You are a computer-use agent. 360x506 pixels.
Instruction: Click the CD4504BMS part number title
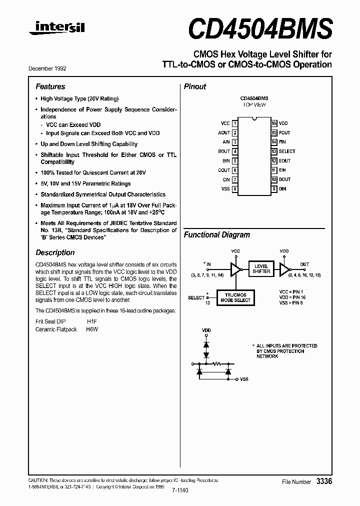(260, 28)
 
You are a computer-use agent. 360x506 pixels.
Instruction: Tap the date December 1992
(50, 68)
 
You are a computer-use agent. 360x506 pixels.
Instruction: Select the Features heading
(50, 86)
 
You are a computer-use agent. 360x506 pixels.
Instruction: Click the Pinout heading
(195, 86)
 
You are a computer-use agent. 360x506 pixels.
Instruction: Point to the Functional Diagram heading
(217, 234)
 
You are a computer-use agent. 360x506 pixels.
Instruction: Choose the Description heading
(55, 252)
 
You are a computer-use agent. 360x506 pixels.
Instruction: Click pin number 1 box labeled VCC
(235, 123)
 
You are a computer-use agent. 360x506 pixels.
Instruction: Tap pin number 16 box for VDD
(274, 123)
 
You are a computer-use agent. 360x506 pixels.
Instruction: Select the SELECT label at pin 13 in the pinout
(287, 151)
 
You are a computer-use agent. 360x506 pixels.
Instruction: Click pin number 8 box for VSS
(235, 188)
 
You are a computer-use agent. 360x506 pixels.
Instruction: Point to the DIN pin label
(283, 188)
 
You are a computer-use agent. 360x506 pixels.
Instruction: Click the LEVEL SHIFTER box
(261, 269)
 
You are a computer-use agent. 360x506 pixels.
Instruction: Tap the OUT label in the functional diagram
(304, 264)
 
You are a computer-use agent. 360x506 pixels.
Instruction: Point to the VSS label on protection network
(244, 379)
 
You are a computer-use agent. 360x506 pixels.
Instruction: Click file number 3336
(323, 481)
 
